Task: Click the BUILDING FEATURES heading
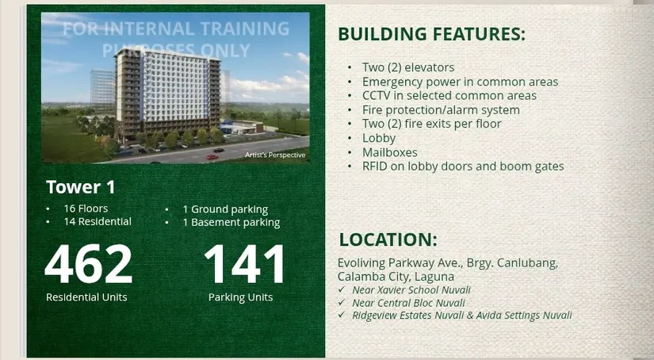pyautogui.click(x=431, y=34)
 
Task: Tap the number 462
pyautogui.click(x=89, y=264)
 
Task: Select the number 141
pyautogui.click(x=245, y=264)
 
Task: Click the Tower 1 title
pyautogui.click(x=81, y=187)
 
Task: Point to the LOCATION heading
pyautogui.click(x=388, y=239)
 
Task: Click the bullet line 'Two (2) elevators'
pyautogui.click(x=408, y=67)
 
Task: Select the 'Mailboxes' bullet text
pyautogui.click(x=389, y=152)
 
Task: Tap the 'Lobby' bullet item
pyautogui.click(x=379, y=138)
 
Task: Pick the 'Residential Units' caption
pyautogui.click(x=86, y=297)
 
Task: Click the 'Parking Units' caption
pyautogui.click(x=241, y=297)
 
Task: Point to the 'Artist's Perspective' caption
pyautogui.click(x=275, y=155)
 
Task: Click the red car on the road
pyautogui.click(x=212, y=157)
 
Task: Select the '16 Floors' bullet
pyautogui.click(x=86, y=209)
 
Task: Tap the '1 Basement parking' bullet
pyautogui.click(x=231, y=223)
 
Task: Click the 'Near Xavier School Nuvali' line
pyautogui.click(x=411, y=290)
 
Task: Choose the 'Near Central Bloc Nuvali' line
pyautogui.click(x=408, y=303)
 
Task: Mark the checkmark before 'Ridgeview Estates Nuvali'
pyautogui.click(x=342, y=315)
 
